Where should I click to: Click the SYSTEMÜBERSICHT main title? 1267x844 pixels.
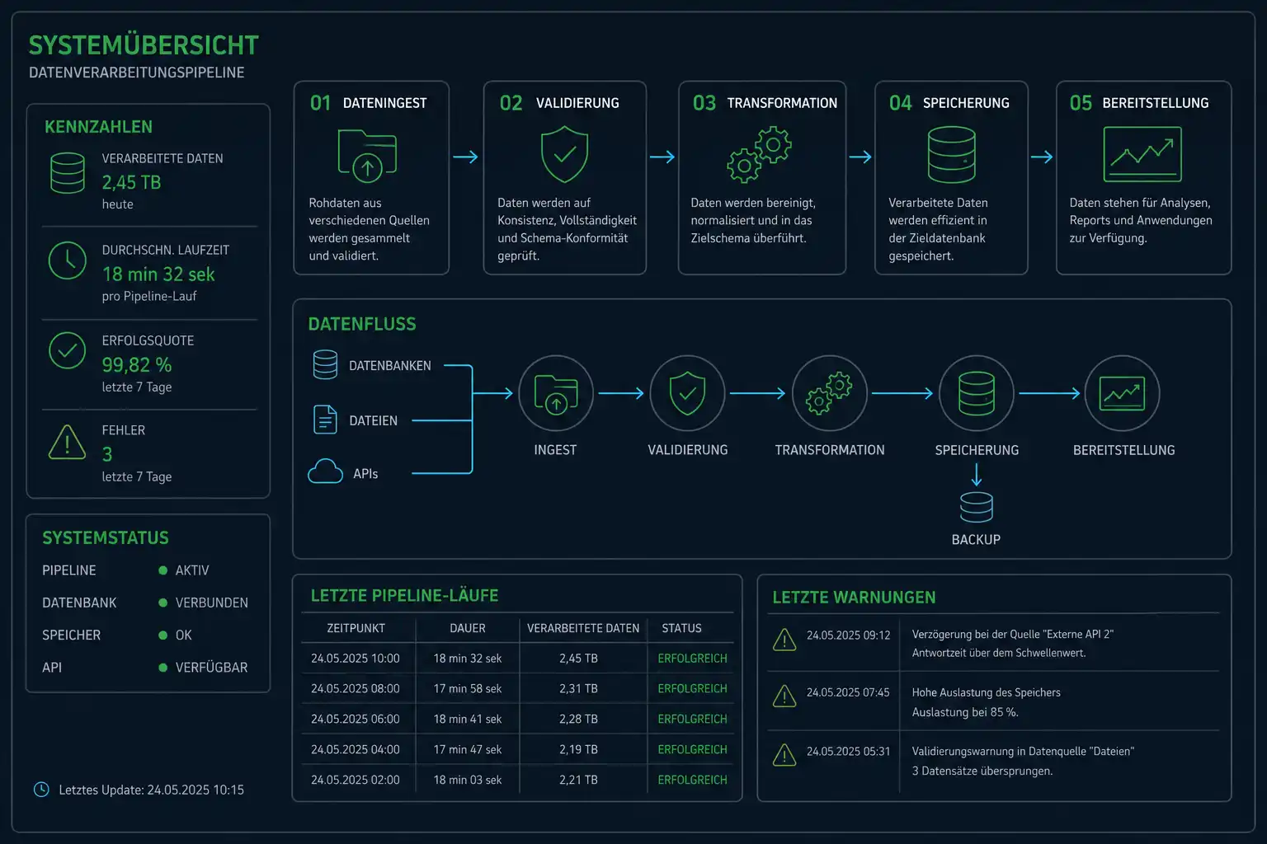pyautogui.click(x=144, y=45)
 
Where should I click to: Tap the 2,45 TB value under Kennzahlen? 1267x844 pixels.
pyautogui.click(x=131, y=183)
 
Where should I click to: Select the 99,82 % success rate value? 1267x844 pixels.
pyautogui.click(x=136, y=364)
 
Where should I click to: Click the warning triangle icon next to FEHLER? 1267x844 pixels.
pyautogui.click(x=68, y=443)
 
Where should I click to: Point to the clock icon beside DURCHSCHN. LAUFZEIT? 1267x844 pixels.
pyautogui.click(x=68, y=260)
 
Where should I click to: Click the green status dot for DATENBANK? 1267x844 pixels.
pyautogui.click(x=162, y=603)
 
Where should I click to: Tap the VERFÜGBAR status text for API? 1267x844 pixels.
pyautogui.click(x=211, y=667)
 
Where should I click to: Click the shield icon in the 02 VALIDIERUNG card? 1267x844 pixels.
pyautogui.click(x=564, y=154)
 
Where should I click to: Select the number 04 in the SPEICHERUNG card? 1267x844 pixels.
pyautogui.click(x=900, y=103)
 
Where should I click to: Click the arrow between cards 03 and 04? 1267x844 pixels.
pyautogui.click(x=860, y=157)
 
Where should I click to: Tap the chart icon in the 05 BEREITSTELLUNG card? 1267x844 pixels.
pyautogui.click(x=1142, y=154)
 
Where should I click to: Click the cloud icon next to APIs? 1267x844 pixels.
pyautogui.click(x=325, y=471)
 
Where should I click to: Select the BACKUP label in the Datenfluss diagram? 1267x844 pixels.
pyautogui.click(x=976, y=539)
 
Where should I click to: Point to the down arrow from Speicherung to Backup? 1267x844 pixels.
pyautogui.click(x=977, y=475)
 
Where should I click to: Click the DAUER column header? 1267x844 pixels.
pyautogui.click(x=467, y=628)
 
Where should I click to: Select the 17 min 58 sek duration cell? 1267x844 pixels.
pyautogui.click(x=467, y=688)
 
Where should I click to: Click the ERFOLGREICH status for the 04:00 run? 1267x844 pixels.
pyautogui.click(x=692, y=749)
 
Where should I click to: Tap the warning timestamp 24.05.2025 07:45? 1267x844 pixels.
pyautogui.click(x=848, y=692)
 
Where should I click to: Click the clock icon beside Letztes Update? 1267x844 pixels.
pyautogui.click(x=41, y=789)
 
